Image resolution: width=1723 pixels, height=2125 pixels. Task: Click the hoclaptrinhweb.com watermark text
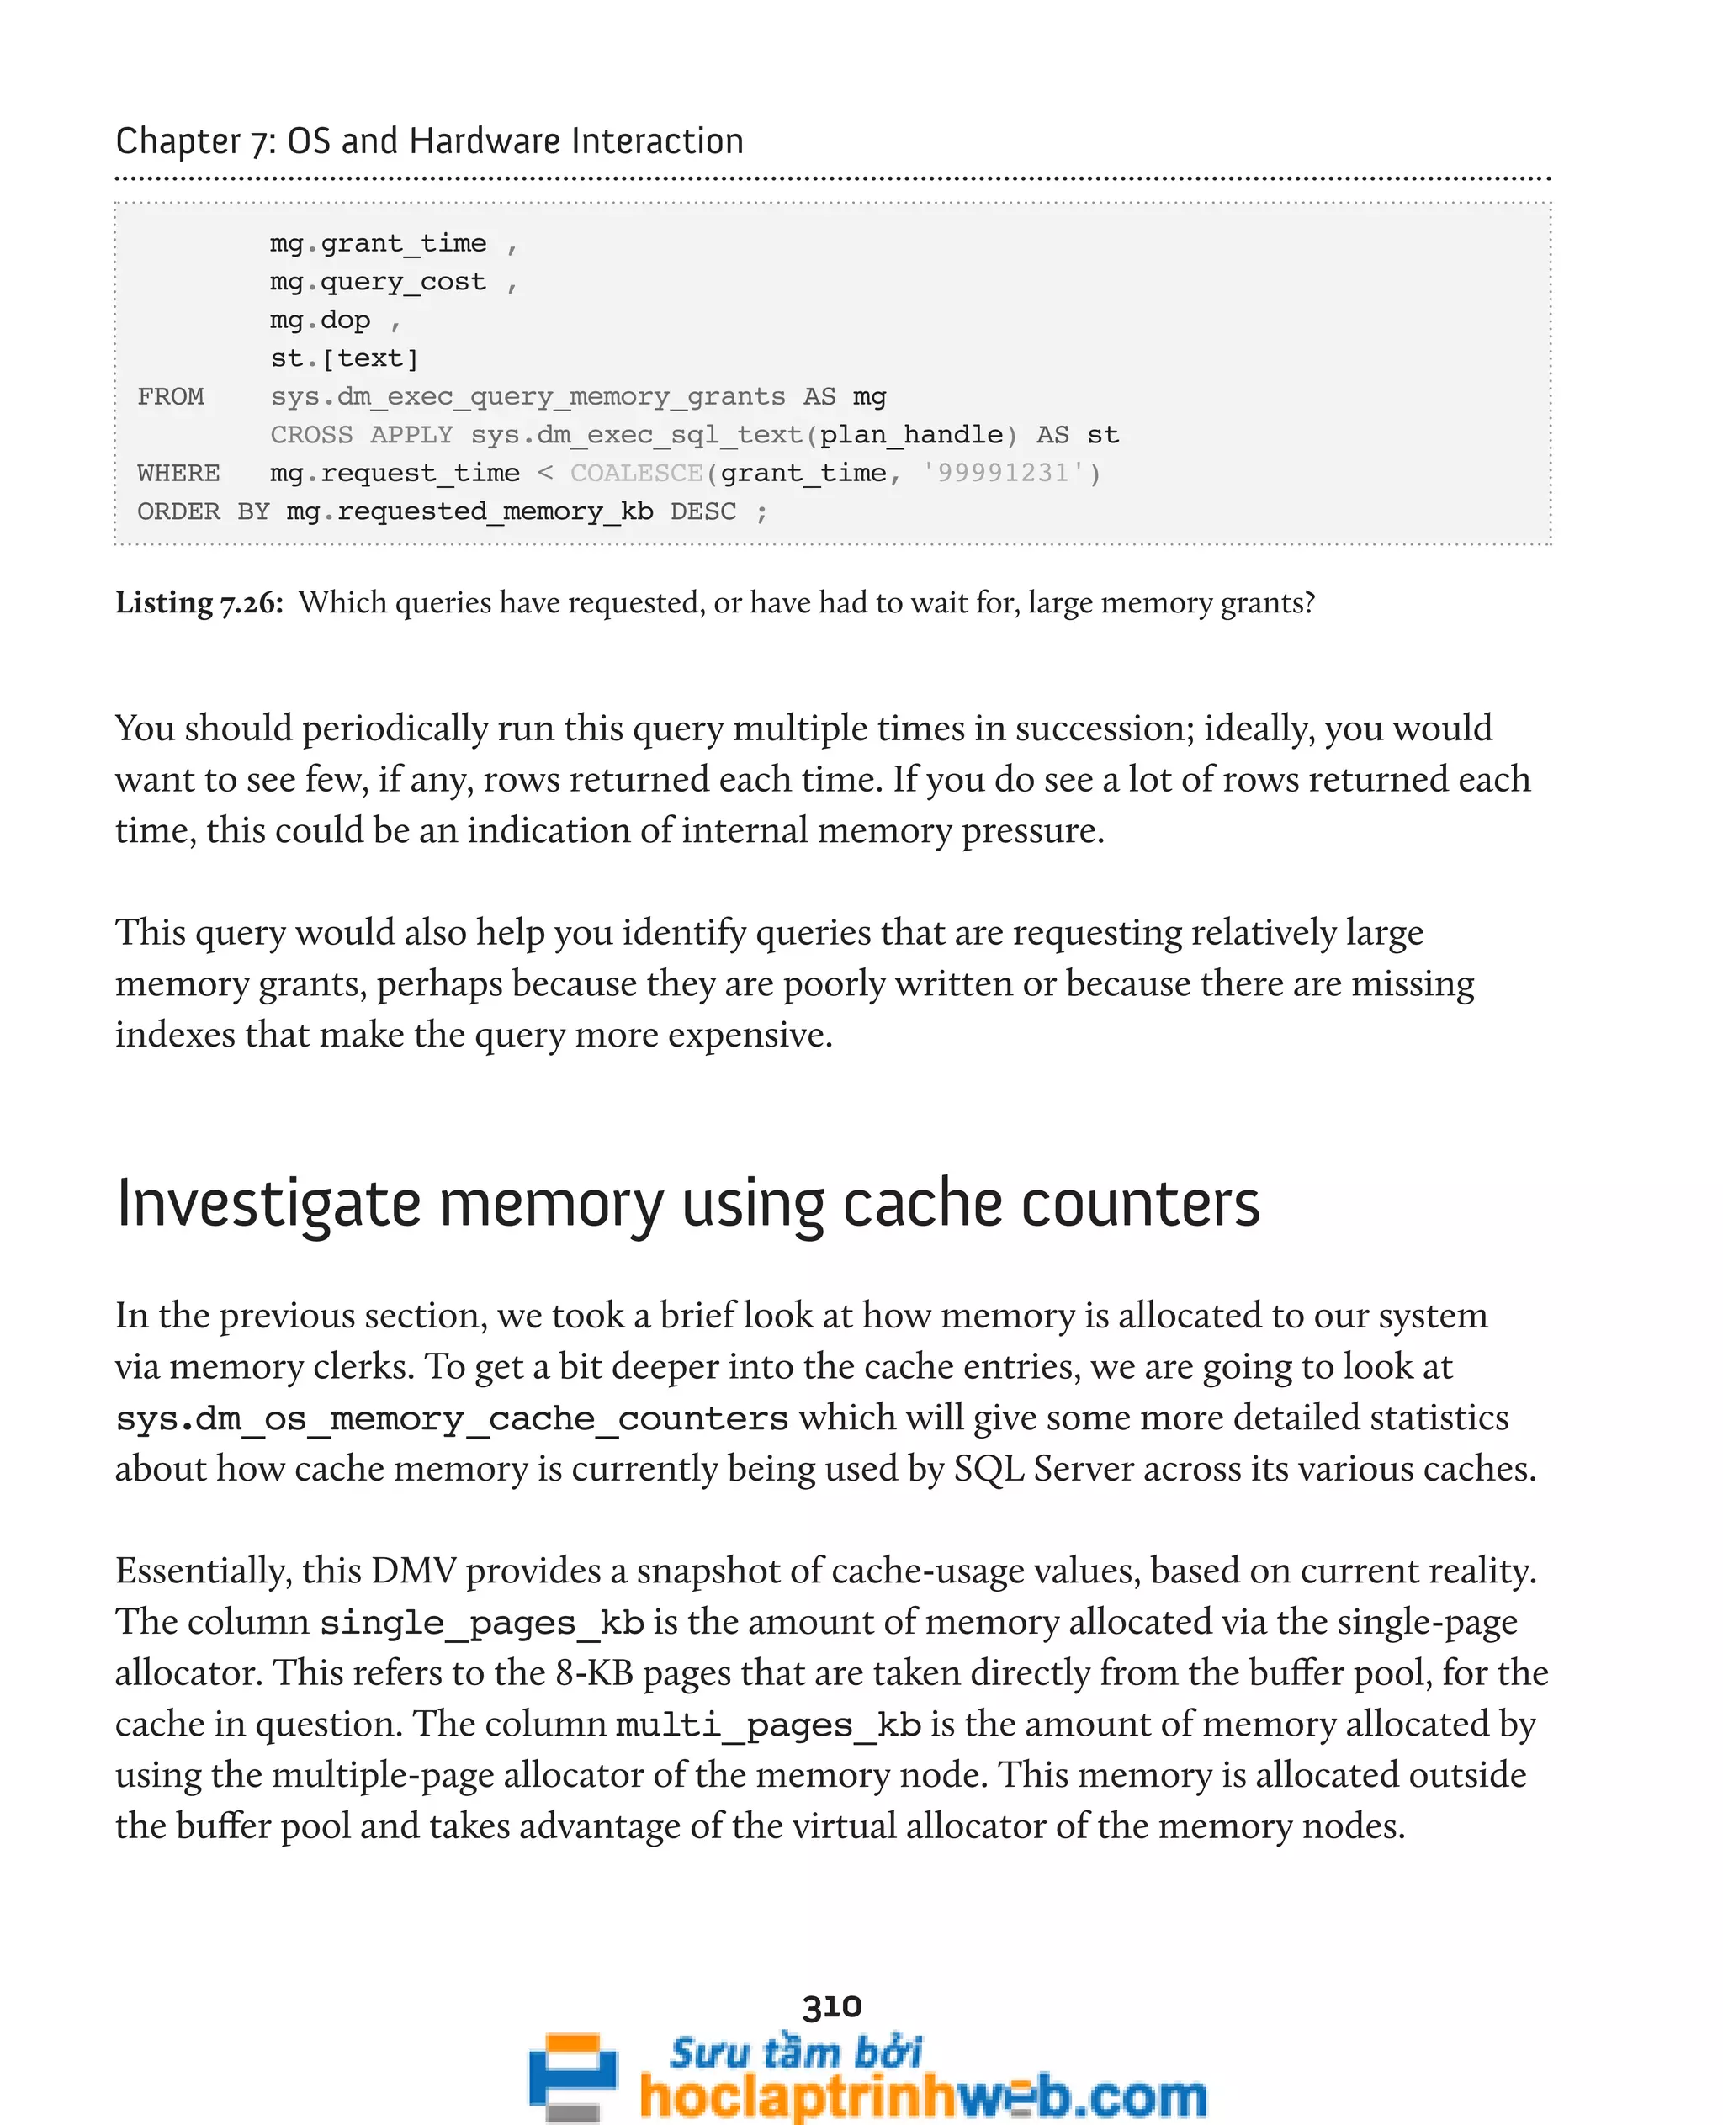[x=923, y=2096]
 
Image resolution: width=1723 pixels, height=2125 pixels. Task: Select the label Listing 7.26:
[x=199, y=602]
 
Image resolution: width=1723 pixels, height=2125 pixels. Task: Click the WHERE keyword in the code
[x=178, y=474]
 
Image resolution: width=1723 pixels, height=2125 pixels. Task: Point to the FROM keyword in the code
[x=171, y=397]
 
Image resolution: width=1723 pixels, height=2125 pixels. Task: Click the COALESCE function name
[x=636, y=474]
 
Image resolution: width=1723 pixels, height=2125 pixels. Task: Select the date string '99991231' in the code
[x=1004, y=474]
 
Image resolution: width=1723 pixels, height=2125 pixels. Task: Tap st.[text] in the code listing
[x=344, y=358]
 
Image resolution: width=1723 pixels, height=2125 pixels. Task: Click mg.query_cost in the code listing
[x=378, y=282]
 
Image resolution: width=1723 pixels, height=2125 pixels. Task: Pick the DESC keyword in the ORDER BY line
[x=702, y=512]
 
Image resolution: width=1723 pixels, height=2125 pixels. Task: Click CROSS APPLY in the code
[x=361, y=436]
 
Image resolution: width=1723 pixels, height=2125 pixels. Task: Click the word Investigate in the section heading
[x=269, y=1204]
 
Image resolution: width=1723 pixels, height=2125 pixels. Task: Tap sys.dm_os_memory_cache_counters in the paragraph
[x=452, y=1418]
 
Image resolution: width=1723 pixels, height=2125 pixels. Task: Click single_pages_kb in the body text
[x=482, y=1623]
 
